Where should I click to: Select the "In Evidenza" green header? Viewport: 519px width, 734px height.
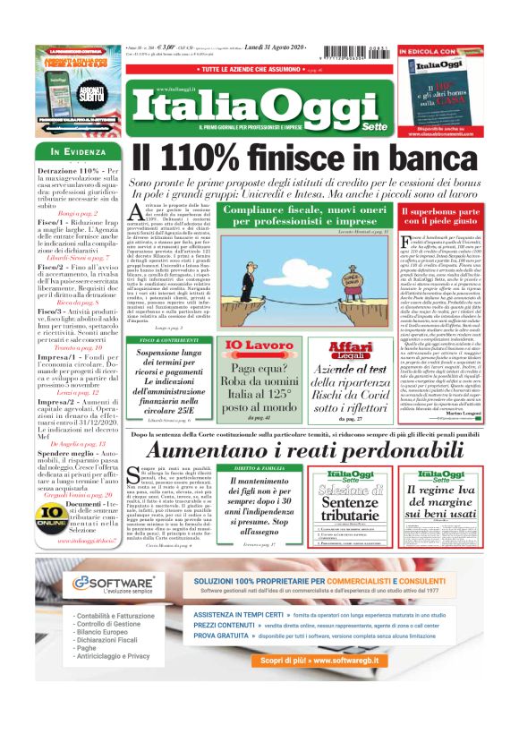pyautogui.click(x=77, y=151)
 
